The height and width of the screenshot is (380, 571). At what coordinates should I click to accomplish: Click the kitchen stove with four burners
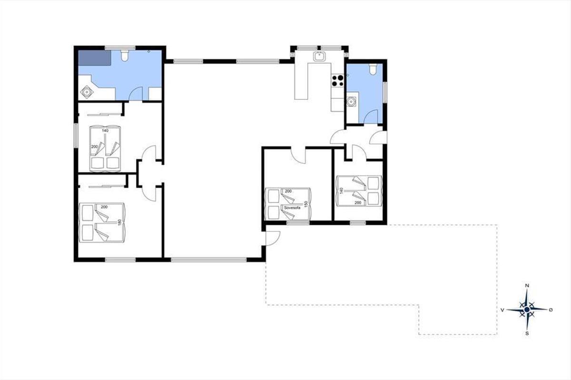click(338, 80)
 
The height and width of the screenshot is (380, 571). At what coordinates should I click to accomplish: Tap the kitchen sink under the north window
click(319, 56)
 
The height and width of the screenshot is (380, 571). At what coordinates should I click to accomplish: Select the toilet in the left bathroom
click(124, 56)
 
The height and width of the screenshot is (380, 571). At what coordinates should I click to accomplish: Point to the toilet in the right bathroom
click(373, 69)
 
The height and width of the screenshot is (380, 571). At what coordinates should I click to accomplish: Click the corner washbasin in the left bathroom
click(87, 92)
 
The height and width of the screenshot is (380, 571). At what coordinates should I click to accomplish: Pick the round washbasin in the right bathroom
click(351, 102)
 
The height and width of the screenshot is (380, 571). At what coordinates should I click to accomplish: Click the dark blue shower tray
click(94, 58)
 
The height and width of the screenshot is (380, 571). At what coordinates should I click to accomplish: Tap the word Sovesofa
click(292, 208)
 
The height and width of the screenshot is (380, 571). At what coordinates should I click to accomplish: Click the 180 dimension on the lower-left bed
click(119, 222)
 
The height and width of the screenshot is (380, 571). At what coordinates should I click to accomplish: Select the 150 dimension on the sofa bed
click(306, 204)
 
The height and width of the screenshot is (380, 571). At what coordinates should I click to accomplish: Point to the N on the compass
click(527, 285)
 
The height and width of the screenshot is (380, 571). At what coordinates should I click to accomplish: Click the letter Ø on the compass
click(551, 310)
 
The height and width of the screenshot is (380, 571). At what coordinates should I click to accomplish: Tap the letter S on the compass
click(527, 333)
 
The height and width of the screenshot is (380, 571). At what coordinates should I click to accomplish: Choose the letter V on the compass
click(502, 310)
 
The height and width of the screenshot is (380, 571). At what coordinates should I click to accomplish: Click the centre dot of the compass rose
click(527, 310)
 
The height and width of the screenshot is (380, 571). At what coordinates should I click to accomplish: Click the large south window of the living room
click(208, 260)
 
